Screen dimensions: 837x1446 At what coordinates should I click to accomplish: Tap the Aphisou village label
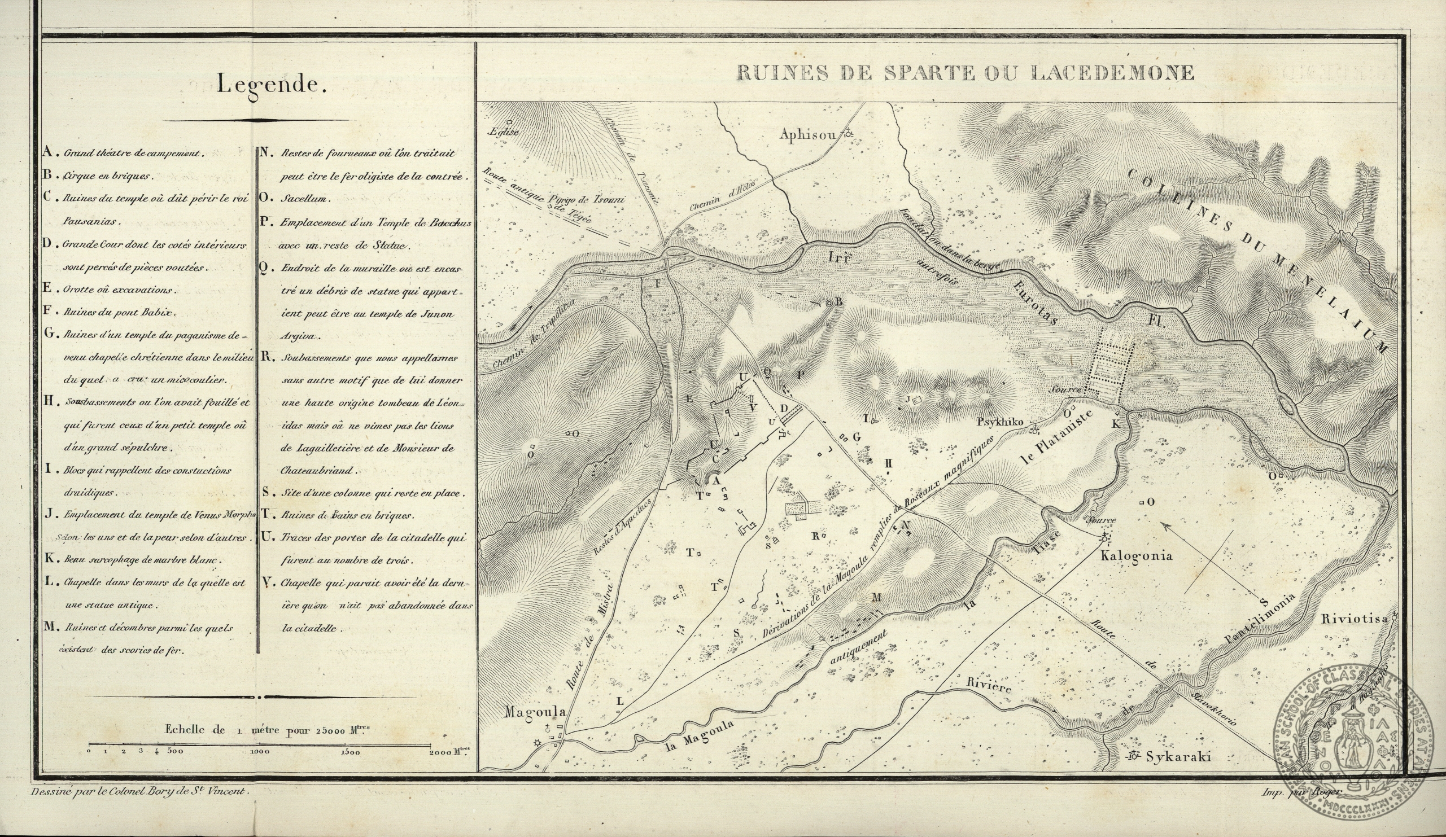pyautogui.click(x=808, y=135)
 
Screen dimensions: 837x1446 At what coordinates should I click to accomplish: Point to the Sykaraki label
pyautogui.click(x=1178, y=757)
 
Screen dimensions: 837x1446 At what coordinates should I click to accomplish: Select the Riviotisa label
pyautogui.click(x=1353, y=619)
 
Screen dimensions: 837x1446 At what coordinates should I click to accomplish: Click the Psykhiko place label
pyautogui.click(x=1000, y=422)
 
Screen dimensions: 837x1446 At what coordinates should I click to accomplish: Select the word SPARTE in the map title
pyautogui.click(x=928, y=73)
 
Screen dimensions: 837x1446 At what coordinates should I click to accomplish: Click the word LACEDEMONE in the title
pyautogui.click(x=1113, y=73)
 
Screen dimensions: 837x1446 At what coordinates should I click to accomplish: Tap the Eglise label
pyautogui.click(x=503, y=132)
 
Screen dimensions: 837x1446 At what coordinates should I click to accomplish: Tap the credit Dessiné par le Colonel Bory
pyautogui.click(x=138, y=791)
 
